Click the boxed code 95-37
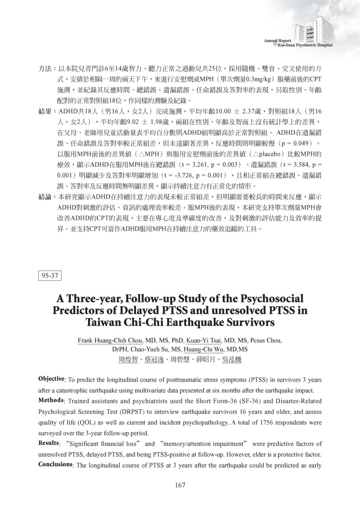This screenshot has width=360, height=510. click(x=49, y=276)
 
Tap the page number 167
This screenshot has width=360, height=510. click(x=180, y=486)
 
